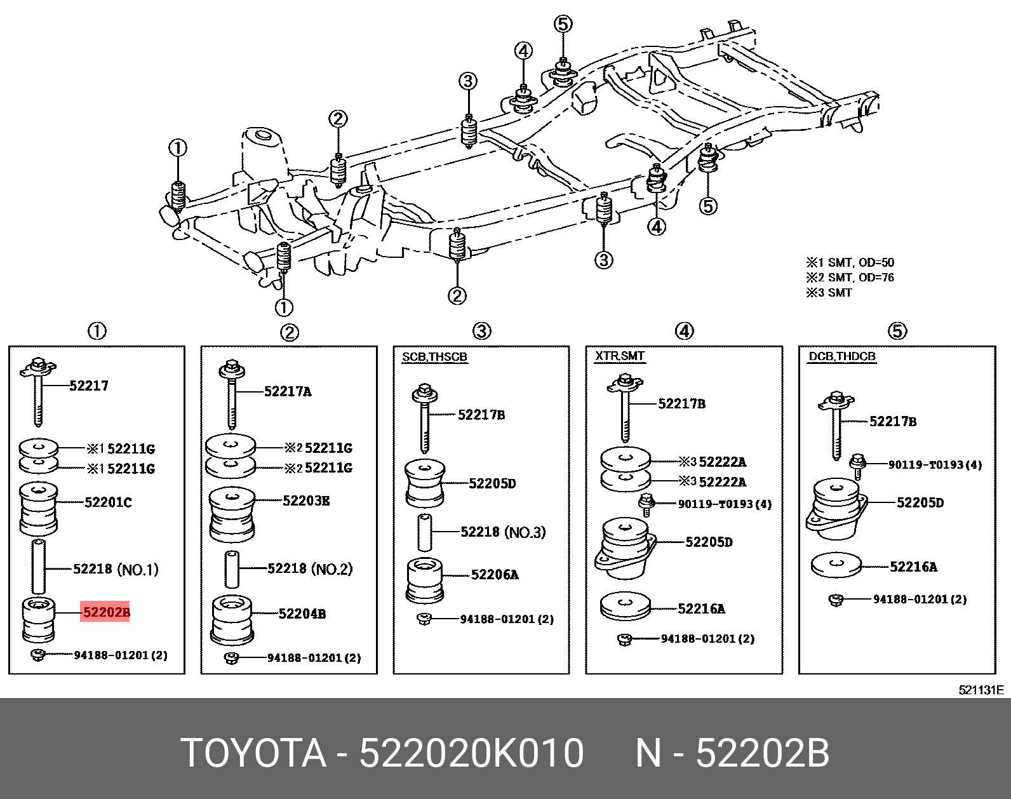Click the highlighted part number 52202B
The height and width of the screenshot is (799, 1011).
point(105,612)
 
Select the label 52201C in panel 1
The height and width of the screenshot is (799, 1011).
point(108,502)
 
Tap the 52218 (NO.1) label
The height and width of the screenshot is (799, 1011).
point(116,569)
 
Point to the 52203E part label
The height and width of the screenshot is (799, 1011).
point(306,500)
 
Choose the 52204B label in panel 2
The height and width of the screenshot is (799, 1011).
point(302,614)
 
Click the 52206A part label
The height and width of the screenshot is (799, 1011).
point(495,575)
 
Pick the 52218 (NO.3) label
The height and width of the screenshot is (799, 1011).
point(503,532)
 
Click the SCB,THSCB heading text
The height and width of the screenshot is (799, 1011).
point(434,357)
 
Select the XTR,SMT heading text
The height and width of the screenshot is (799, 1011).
point(620,356)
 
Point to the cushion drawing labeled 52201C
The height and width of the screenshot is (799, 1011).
point(39,508)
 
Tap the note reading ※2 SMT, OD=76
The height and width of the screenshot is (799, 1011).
point(850,278)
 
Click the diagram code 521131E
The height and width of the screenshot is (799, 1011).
point(981,690)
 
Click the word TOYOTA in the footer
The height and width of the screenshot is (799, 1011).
point(254,754)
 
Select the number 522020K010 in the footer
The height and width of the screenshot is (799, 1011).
point(472,754)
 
